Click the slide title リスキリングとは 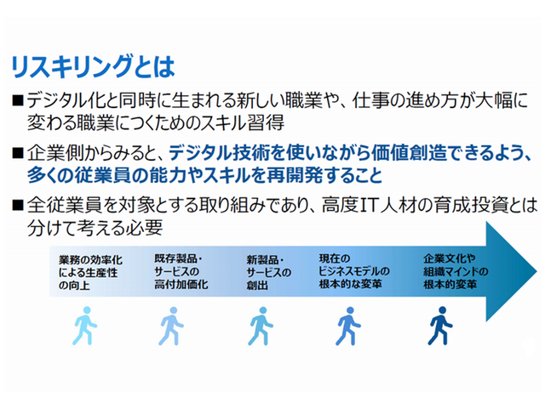coord(93,66)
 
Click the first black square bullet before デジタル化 coord(17,100)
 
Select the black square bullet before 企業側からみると coord(17,153)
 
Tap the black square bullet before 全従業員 coord(17,206)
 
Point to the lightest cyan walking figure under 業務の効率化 coord(85,326)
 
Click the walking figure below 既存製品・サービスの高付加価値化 coord(171,326)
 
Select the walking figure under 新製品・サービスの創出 coord(261,326)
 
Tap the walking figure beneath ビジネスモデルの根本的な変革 coord(348,326)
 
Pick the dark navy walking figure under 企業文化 coord(440,326)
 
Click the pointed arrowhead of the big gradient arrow coord(536,271)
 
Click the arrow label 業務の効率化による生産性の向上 coord(90,273)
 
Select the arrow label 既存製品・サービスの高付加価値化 coord(181,272)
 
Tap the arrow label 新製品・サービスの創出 coord(269,273)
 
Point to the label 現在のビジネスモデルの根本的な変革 coord(354,271)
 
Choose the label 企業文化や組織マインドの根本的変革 coord(456,271)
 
